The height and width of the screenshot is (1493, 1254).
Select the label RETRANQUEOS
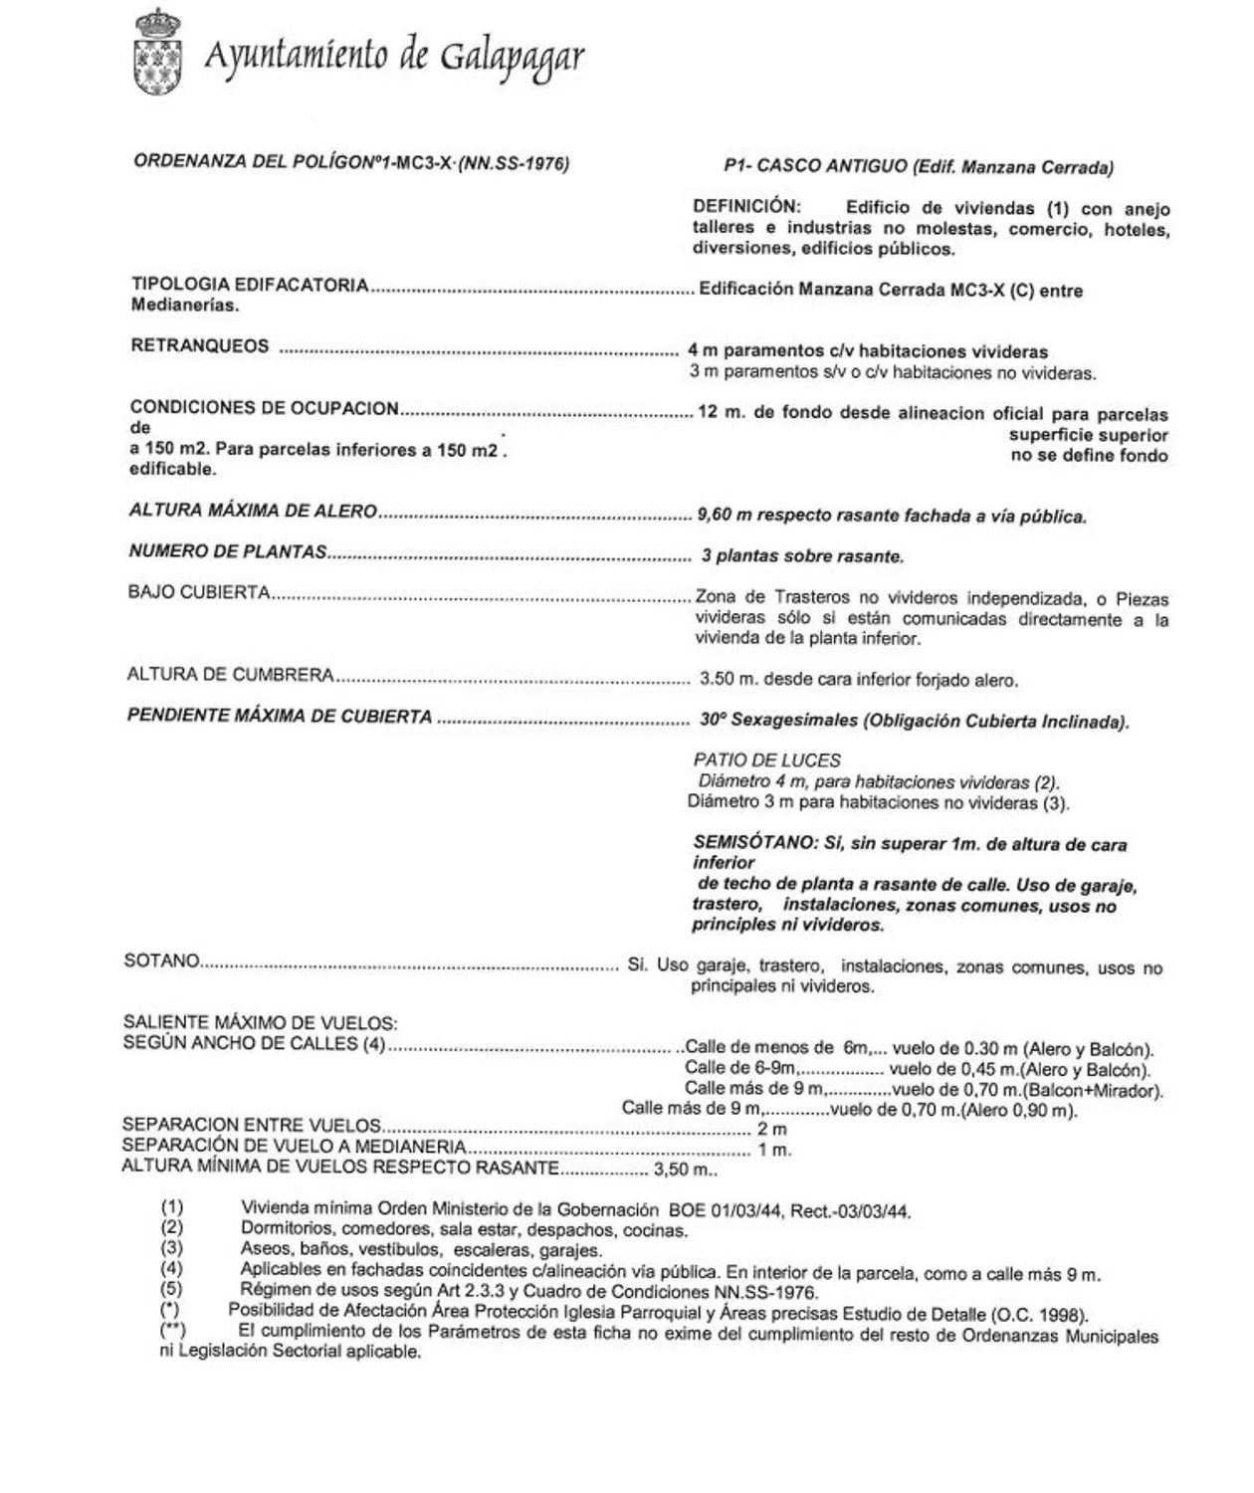[x=199, y=346]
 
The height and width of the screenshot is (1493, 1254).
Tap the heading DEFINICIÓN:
[x=746, y=207]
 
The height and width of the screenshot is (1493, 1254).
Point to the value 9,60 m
[x=725, y=516]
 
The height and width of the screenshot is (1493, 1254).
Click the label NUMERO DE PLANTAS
[x=227, y=551]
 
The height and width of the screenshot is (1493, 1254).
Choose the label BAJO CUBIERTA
[x=199, y=592]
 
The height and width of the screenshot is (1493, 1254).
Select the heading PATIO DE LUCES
[x=767, y=759]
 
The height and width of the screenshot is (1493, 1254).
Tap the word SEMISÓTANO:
[x=754, y=843]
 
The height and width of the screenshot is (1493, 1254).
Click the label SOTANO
[x=161, y=961]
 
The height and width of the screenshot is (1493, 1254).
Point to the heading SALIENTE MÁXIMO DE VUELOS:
[x=260, y=1022]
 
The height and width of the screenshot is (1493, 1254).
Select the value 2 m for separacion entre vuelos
[x=771, y=1129]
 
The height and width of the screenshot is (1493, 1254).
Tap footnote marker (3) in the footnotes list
[x=171, y=1248]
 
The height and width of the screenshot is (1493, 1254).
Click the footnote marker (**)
[x=171, y=1330]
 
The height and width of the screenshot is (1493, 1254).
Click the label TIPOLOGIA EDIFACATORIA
[x=250, y=286]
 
